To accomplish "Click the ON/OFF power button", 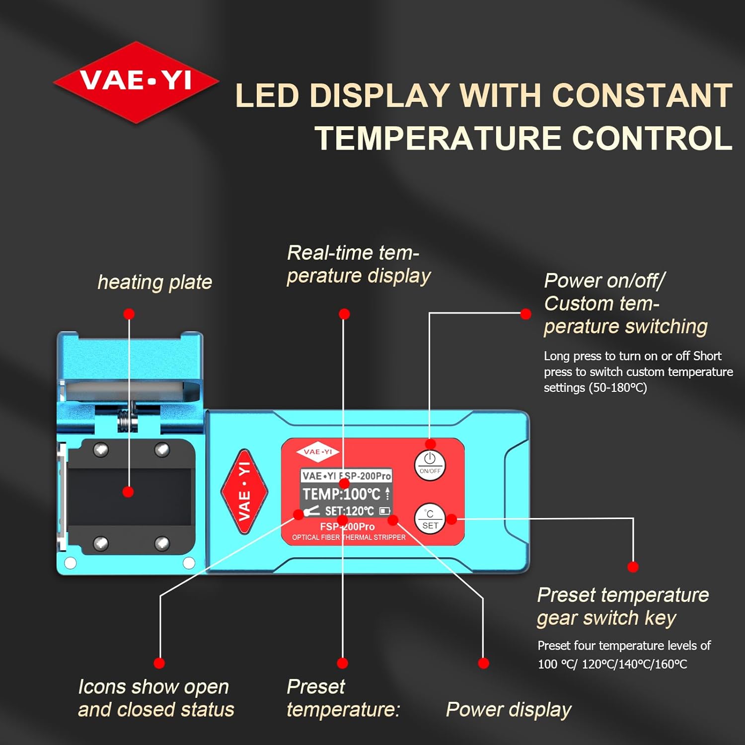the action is (430, 465).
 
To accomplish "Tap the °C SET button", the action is (430, 519).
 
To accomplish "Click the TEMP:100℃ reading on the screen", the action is (342, 494).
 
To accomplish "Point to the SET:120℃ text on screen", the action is (350, 511).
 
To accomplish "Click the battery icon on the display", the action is (385, 511).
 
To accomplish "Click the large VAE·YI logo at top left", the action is (136, 82).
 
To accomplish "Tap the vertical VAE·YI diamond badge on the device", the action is (244, 492).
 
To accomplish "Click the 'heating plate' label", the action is (155, 282).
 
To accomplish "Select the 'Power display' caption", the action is (509, 710).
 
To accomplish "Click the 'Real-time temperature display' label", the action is (359, 264).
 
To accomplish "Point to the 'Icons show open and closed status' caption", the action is (156, 698).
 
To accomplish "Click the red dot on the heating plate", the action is (128, 492).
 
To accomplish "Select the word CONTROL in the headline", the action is (652, 138).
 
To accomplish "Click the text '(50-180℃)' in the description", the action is (618, 388).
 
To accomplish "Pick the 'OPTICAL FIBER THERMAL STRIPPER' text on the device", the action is (349, 537).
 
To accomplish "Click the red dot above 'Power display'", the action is (483, 663).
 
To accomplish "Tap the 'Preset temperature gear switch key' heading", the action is (623, 606).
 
